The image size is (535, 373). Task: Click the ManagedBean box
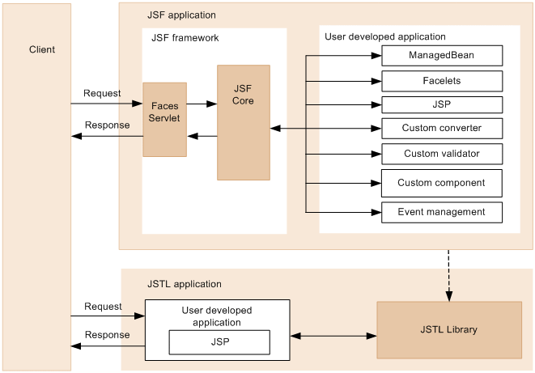442,56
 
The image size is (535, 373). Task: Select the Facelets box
442,81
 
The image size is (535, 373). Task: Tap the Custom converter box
442,128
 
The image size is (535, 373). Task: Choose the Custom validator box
442,154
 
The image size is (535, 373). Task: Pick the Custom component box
442,183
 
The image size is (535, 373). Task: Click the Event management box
442,212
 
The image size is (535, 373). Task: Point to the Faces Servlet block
164,119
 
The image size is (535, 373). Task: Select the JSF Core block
243,122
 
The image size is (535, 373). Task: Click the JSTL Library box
449,329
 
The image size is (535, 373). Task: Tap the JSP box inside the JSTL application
219,342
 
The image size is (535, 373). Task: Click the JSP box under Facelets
442,105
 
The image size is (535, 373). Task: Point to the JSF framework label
185,38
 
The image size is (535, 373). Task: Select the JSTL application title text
185,284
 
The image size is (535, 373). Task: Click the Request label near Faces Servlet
102,93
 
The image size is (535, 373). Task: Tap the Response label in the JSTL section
107,335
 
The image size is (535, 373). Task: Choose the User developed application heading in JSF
385,36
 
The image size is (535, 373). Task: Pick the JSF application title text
182,15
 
